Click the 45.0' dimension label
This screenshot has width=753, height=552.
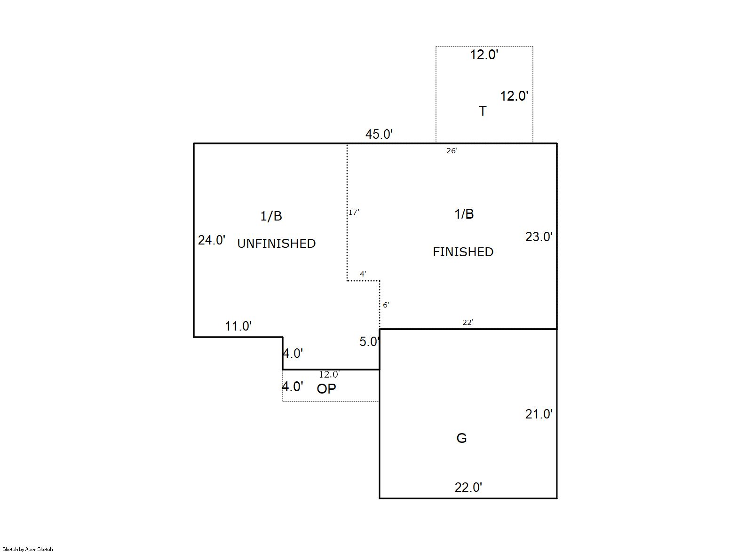[379, 134]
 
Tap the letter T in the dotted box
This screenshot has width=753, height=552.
[483, 111]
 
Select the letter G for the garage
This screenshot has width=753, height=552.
[461, 438]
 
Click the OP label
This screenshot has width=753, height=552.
[326, 389]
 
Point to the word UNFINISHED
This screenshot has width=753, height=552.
[277, 244]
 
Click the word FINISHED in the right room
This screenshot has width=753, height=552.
[463, 252]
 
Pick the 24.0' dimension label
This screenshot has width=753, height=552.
[212, 240]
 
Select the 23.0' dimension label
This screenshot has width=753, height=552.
[539, 237]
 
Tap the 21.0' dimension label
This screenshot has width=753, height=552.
[539, 414]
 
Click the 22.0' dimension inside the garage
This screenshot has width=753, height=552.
[468, 488]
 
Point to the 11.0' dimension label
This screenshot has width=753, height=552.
[238, 326]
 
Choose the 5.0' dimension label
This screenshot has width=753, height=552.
[369, 342]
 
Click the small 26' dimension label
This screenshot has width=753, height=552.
[452, 151]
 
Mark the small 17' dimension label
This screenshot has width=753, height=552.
[354, 213]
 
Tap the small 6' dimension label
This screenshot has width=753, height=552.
[386, 305]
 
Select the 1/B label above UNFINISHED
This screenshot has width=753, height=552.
[271, 216]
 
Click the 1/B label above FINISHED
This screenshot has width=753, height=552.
[464, 214]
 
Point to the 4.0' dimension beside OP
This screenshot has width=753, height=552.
[293, 386]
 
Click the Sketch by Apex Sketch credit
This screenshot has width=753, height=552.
[28, 549]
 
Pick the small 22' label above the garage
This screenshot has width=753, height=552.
[468, 323]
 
